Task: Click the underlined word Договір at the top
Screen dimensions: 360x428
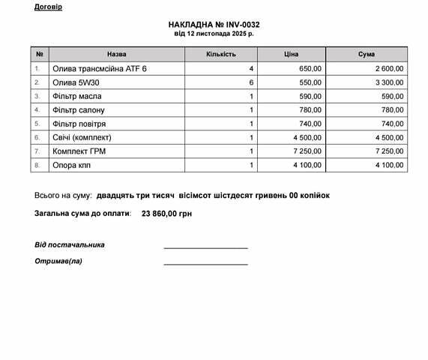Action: coord(48,7)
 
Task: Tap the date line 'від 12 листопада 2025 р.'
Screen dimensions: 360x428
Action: coord(214,34)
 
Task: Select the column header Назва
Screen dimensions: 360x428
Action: coord(116,55)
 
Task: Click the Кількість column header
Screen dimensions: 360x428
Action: coord(220,55)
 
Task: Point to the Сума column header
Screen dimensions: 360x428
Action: coord(367,55)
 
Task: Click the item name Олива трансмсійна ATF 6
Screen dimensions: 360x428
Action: coord(100,69)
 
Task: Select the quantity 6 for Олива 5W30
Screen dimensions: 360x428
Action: coord(252,82)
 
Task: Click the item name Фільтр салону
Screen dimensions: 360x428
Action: coord(78,110)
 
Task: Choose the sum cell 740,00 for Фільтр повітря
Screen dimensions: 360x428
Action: coord(392,124)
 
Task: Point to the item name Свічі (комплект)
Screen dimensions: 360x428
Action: coord(82,138)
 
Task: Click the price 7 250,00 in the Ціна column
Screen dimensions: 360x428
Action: coord(306,151)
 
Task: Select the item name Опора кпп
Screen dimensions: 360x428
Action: coord(72,165)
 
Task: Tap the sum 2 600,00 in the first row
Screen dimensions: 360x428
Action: coord(389,69)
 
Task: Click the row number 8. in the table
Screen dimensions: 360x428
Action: coord(37,165)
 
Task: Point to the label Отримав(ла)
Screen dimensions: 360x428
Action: coord(58,261)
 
